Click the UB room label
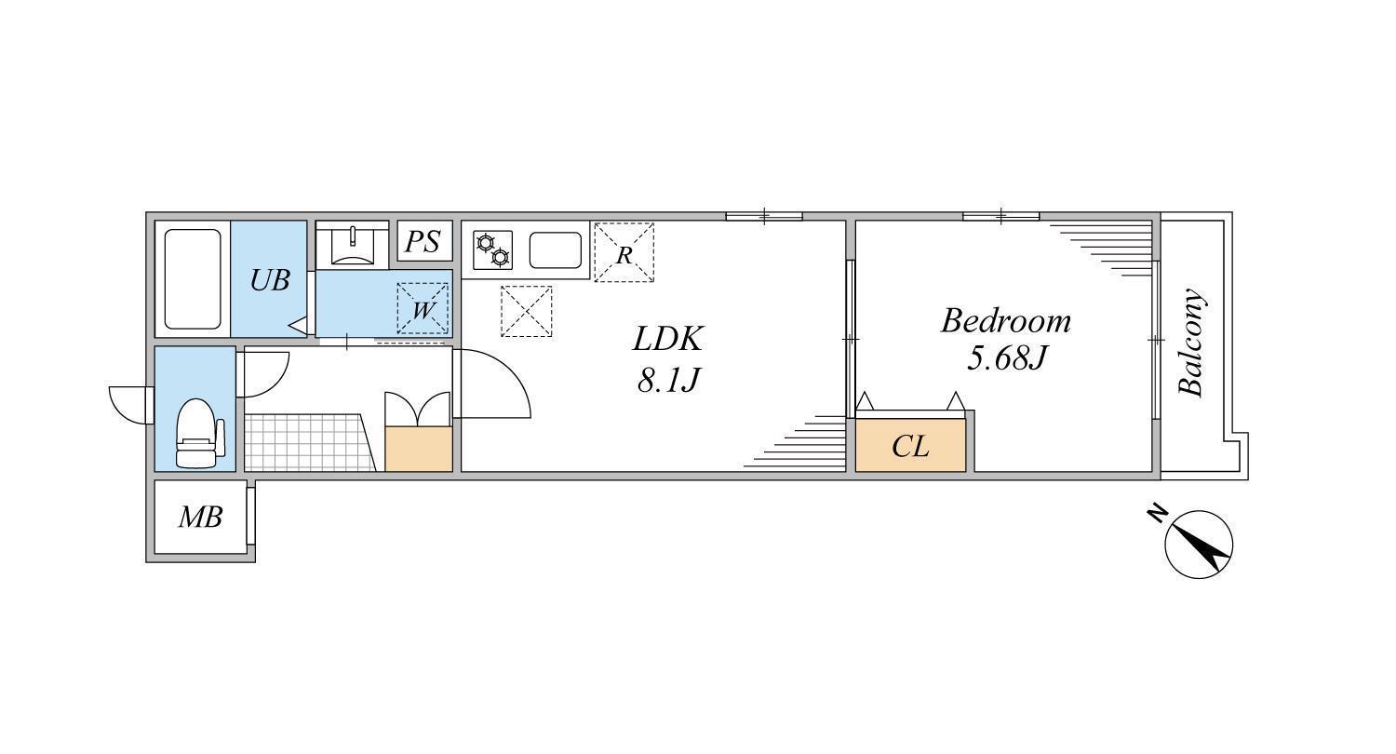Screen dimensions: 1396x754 270,280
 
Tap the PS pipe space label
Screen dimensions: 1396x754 423,242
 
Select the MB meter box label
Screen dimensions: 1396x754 200,518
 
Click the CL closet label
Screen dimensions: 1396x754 910,446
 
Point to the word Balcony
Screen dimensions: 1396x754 1191,343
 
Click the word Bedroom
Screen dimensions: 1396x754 1006,321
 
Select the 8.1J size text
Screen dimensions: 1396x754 668,380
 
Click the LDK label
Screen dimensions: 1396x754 668,339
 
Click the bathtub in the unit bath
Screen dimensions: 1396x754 193,279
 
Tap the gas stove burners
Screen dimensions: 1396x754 492,249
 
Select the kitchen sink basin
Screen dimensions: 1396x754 556,249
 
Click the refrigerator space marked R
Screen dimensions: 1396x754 624,252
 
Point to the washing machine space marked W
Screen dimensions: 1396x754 423,308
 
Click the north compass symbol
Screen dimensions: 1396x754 1199,545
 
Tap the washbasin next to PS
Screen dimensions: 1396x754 353,246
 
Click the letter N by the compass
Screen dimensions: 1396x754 1158,512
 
